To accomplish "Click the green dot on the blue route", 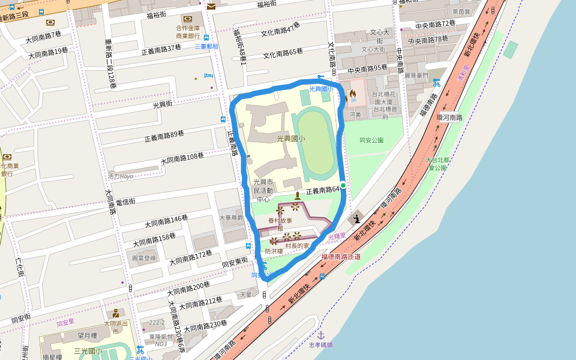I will (343, 185).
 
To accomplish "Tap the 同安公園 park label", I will (371, 140).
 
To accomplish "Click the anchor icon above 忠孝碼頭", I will (320, 335).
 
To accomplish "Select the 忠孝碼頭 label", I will (320, 345).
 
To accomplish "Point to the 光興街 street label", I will (162, 104).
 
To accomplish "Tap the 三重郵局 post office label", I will (206, 46).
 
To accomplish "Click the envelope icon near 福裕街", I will (211, 7).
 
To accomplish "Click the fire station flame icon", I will (353, 94).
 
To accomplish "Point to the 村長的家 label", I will (297, 245).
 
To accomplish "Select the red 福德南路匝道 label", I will (341, 256).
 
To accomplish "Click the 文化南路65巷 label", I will (283, 53).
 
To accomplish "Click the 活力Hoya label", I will (120, 176).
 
